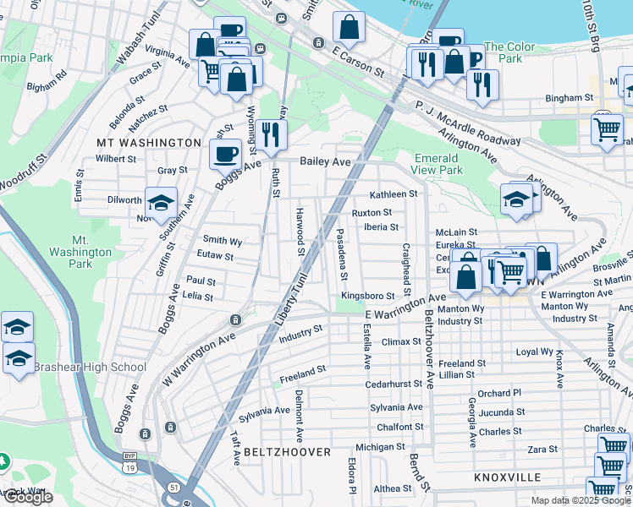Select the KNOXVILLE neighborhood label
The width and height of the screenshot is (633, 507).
508,477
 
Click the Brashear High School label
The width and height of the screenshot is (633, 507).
90,367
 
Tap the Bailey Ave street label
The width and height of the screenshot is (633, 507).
325,161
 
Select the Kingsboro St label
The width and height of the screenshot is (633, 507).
368,296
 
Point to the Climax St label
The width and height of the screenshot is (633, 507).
401,341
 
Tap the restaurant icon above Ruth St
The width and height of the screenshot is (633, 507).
271,134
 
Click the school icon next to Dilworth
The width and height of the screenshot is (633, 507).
160,202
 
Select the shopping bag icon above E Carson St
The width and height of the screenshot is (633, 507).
349,27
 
